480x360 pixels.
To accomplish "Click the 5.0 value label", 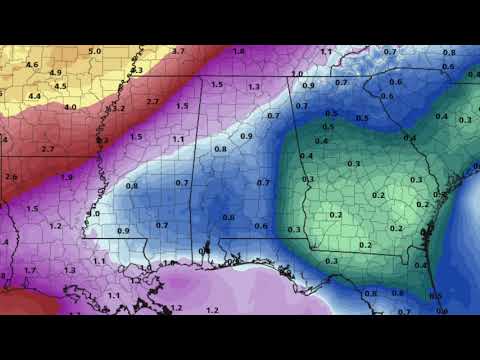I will click(x=94, y=51).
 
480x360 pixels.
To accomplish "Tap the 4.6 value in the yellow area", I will click(x=31, y=65).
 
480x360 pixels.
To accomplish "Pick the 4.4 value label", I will click(x=35, y=96).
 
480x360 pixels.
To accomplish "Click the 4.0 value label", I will click(x=70, y=106).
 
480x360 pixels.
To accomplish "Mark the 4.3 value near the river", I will click(x=137, y=70).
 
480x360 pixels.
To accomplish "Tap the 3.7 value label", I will click(x=178, y=50).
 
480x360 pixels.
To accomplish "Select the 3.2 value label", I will click(x=118, y=108).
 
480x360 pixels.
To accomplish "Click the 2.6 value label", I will click(x=11, y=177).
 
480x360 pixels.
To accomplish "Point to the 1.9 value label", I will click(x=66, y=177).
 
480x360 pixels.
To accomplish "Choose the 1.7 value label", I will click(x=30, y=270).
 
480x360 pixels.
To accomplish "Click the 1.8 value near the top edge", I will click(x=238, y=51).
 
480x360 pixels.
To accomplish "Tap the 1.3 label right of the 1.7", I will click(x=69, y=270).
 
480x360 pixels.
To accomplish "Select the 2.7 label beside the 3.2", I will click(x=153, y=102).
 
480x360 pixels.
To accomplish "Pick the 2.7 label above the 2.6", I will click(x=47, y=149).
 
